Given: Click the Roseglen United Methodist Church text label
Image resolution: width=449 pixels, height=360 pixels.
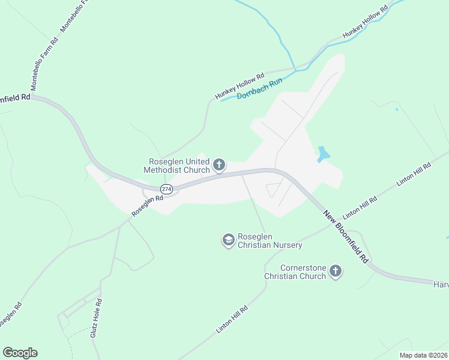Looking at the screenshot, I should [x=177, y=165].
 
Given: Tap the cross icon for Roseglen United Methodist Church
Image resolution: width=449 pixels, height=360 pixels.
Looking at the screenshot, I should [x=219, y=164].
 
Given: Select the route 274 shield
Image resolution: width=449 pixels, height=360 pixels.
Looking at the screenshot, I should [x=167, y=189].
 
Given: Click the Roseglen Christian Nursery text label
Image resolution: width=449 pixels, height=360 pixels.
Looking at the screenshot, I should [x=270, y=241].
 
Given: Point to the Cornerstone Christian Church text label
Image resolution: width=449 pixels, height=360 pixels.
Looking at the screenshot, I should [x=295, y=272].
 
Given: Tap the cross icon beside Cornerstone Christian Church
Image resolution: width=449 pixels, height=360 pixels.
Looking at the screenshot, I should [x=336, y=272].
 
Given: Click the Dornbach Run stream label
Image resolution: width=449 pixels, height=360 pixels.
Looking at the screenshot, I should [x=259, y=89].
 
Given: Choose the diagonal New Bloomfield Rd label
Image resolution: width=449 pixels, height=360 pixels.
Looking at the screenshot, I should [x=346, y=238].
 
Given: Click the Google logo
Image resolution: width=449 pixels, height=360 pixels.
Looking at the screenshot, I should [x=20, y=353].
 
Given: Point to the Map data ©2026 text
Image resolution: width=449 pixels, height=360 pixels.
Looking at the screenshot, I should [x=423, y=355].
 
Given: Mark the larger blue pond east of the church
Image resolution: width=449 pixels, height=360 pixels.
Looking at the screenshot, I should [x=323, y=154].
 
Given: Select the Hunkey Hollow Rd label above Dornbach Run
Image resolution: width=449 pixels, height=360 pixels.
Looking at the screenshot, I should [x=240, y=87].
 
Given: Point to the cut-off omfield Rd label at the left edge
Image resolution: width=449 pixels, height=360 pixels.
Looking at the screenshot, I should [x=15, y=98].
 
